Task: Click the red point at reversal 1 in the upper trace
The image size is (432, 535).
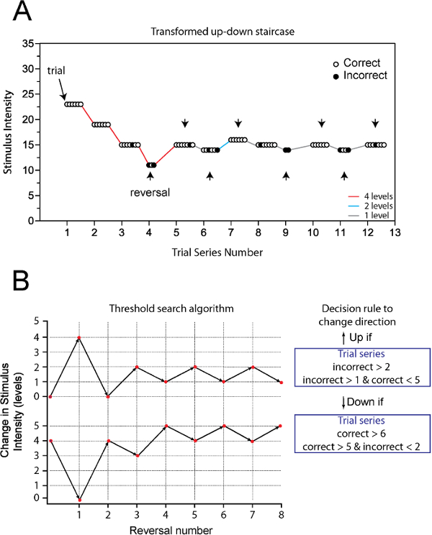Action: (x=78, y=337)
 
